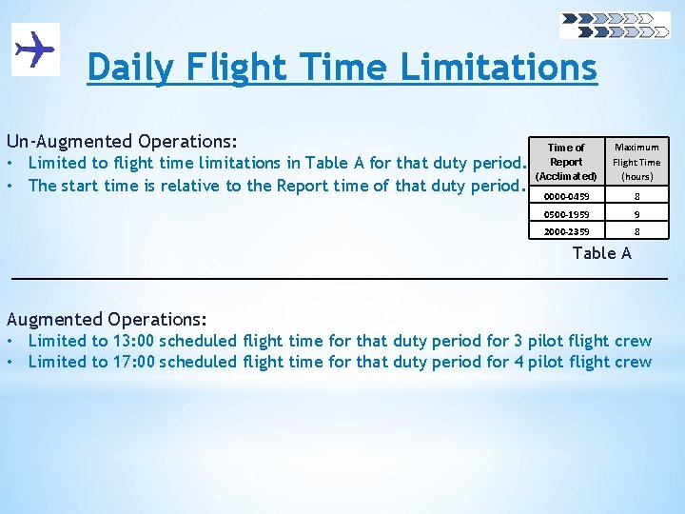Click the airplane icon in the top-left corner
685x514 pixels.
point(35,48)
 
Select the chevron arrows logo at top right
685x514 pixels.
point(615,25)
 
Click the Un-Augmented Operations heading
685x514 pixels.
point(122,140)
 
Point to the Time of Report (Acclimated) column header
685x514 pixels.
point(566,162)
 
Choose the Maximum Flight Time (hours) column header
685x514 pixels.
point(636,162)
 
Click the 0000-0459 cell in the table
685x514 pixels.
point(566,196)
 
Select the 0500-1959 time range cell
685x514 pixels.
point(566,213)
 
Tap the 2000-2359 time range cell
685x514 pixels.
point(566,230)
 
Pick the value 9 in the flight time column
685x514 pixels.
point(636,213)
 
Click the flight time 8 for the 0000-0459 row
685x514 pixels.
point(636,196)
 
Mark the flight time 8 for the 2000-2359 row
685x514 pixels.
point(636,230)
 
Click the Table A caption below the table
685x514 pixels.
point(600,252)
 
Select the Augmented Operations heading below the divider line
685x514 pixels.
point(107,319)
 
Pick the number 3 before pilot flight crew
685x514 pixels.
point(519,341)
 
